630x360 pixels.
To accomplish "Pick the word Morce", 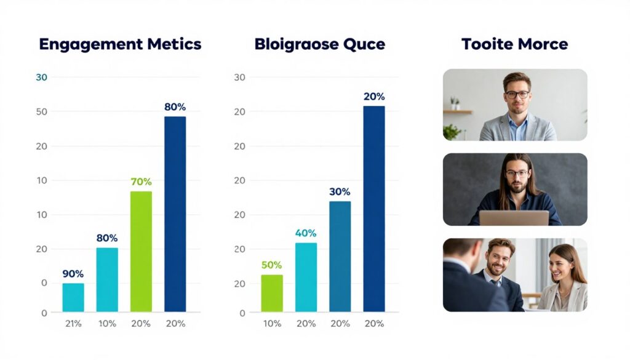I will [x=542, y=44].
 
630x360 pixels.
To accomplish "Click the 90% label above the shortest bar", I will [x=73, y=274].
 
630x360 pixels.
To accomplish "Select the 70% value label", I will [x=141, y=182].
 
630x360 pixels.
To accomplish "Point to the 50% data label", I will [x=271, y=265].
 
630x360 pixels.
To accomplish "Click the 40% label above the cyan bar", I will [x=306, y=233].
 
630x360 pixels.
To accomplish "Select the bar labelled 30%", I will [x=340, y=256].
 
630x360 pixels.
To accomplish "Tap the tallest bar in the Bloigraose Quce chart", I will [x=373, y=209].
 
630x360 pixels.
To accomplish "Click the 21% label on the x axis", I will [x=73, y=324].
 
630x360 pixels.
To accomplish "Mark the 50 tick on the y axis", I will [x=42, y=111].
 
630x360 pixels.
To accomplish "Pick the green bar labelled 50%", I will [x=271, y=293].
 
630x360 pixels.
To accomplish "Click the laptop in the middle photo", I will [x=514, y=218].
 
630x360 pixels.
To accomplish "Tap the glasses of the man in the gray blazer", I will [x=517, y=95].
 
